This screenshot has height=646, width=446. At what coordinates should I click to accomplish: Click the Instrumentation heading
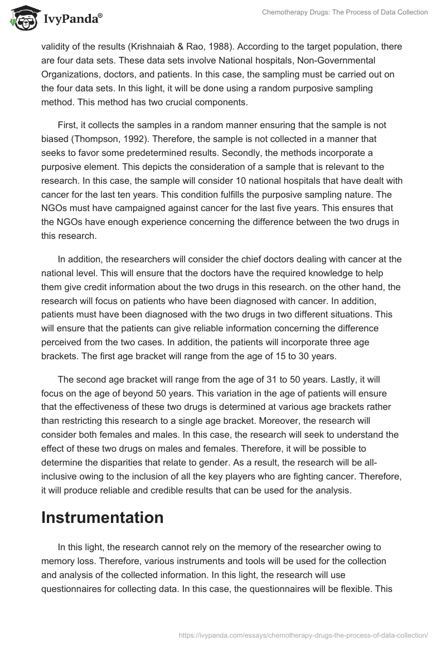click(103, 517)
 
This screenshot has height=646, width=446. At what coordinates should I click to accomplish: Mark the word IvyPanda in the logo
click(74, 19)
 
